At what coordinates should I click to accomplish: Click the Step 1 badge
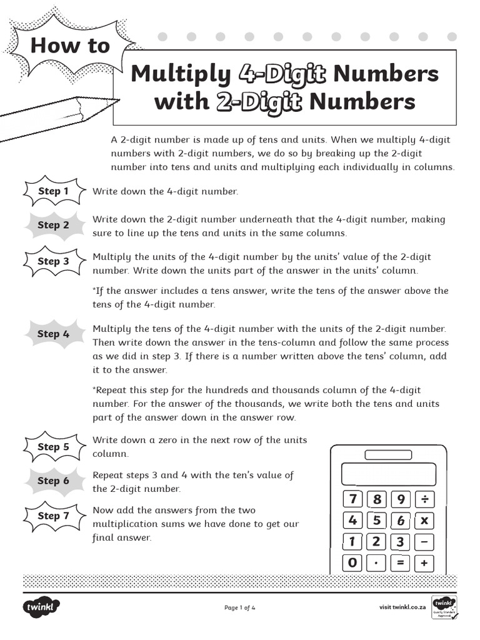click(53, 191)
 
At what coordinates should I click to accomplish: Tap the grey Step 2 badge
click(53, 225)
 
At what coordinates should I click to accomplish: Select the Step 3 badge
click(53, 261)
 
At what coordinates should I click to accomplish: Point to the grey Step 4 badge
click(53, 334)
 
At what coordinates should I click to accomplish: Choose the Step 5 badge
click(53, 447)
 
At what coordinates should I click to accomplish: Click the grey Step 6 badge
click(53, 481)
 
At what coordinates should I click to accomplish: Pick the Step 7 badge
click(53, 516)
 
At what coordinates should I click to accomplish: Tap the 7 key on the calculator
click(353, 499)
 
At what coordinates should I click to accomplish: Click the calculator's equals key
click(401, 563)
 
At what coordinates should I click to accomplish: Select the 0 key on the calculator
click(353, 563)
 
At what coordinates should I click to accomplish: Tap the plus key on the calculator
click(424, 563)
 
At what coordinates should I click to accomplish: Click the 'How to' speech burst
click(69, 46)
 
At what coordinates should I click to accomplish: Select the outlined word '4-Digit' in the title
click(282, 74)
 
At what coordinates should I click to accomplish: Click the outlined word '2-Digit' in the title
click(259, 101)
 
